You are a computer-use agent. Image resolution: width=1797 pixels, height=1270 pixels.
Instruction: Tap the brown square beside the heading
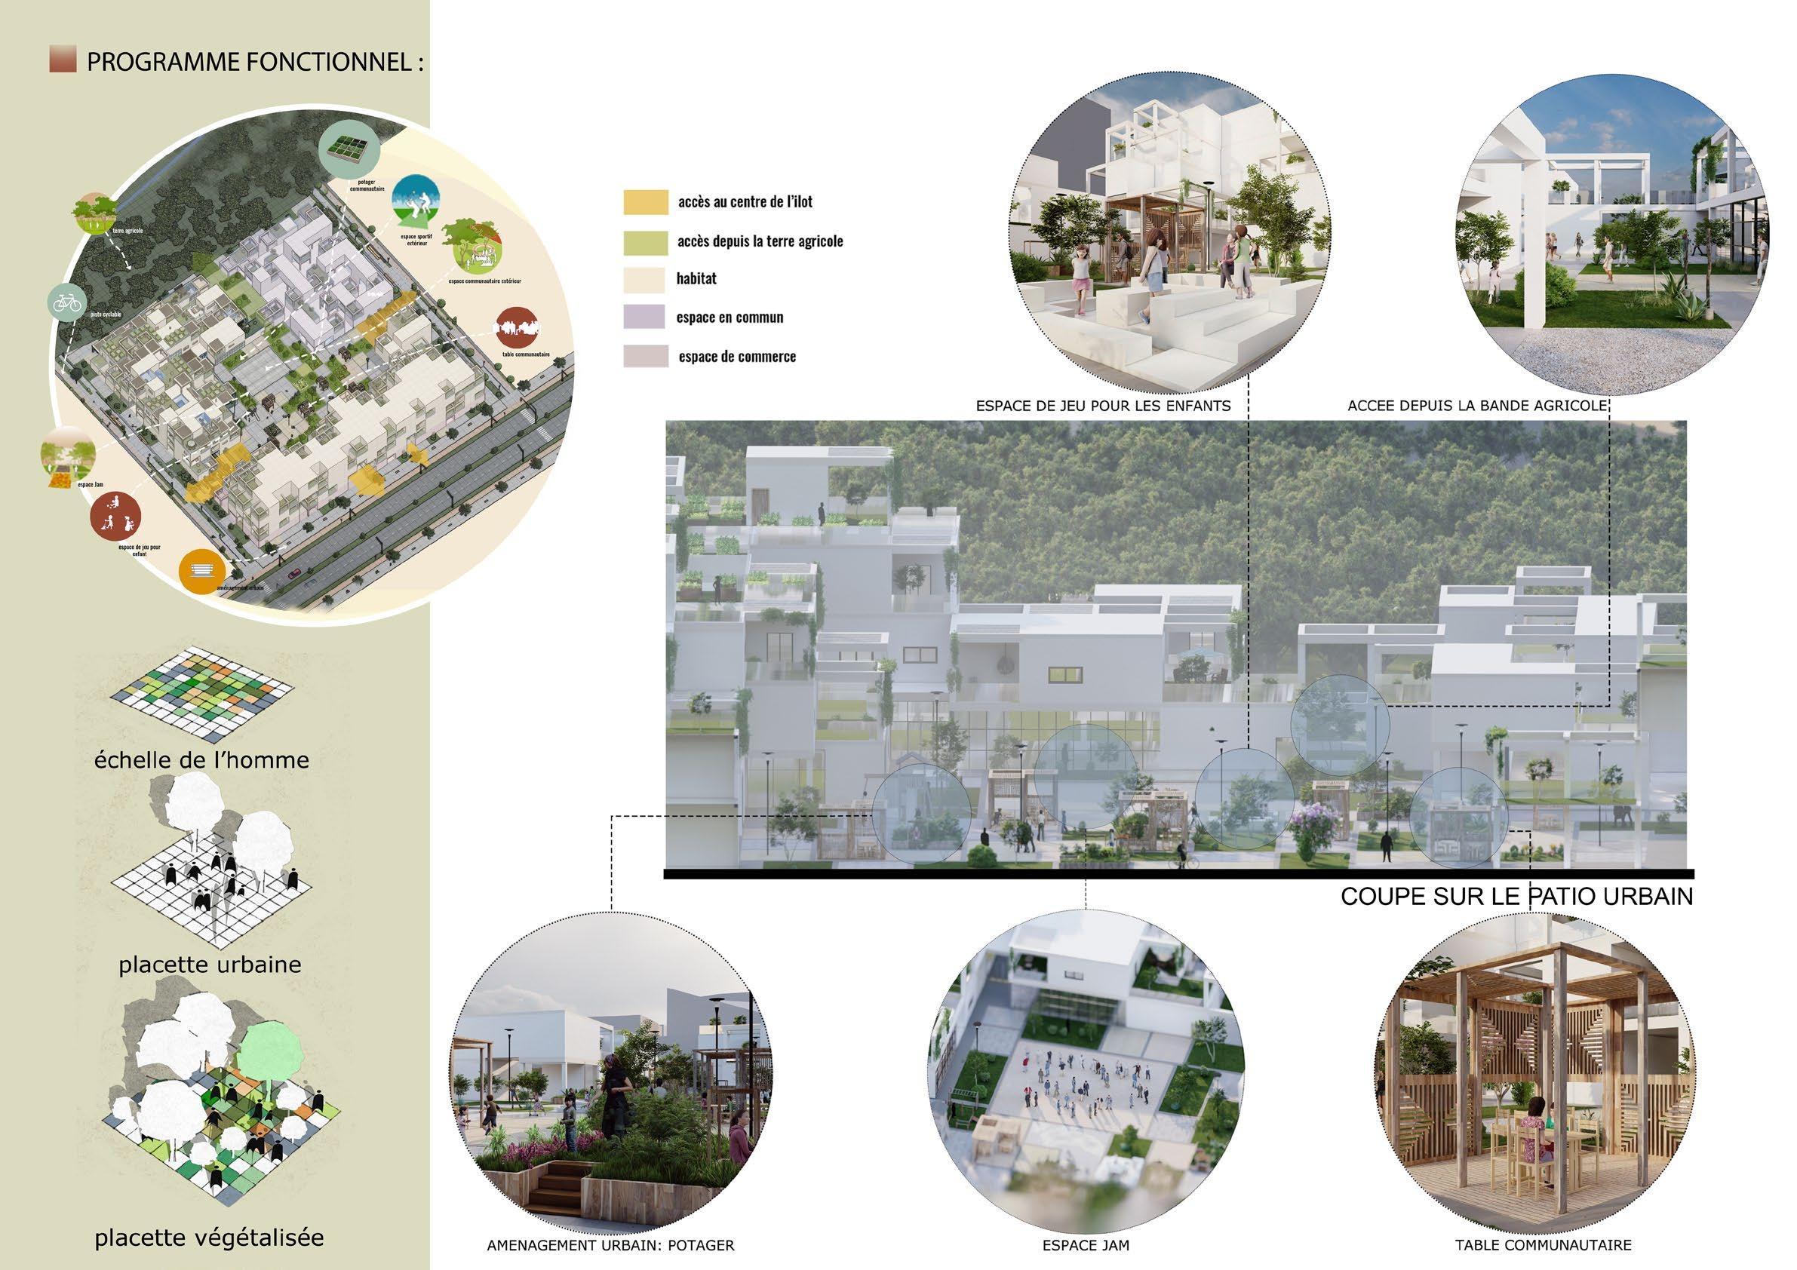click(x=63, y=60)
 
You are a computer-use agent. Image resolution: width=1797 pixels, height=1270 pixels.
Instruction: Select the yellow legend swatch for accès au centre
click(x=646, y=202)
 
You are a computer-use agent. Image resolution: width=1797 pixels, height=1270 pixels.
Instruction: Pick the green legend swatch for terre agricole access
click(x=646, y=241)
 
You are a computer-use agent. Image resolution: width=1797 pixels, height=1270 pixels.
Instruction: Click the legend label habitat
click(x=696, y=278)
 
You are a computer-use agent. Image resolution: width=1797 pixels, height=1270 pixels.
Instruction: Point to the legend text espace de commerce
click(x=736, y=357)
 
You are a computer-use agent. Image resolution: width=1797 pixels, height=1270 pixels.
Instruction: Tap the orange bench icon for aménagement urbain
click(x=202, y=571)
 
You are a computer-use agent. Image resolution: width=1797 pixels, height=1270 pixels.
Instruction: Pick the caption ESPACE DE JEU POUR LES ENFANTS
click(x=1103, y=406)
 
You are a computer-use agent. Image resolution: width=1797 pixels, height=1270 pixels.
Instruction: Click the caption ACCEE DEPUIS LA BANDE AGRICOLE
click(x=1477, y=406)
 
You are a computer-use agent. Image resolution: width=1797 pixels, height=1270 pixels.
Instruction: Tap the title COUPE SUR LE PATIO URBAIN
click(x=1516, y=897)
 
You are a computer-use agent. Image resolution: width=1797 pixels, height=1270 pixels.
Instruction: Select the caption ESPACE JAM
click(x=1086, y=1244)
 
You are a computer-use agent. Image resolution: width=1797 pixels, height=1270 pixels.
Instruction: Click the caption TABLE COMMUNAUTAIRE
click(x=1543, y=1244)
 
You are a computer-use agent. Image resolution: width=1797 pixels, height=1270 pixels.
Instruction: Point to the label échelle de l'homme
click(x=201, y=759)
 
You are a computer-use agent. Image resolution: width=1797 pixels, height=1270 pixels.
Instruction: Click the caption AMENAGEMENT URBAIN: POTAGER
click(x=610, y=1244)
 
